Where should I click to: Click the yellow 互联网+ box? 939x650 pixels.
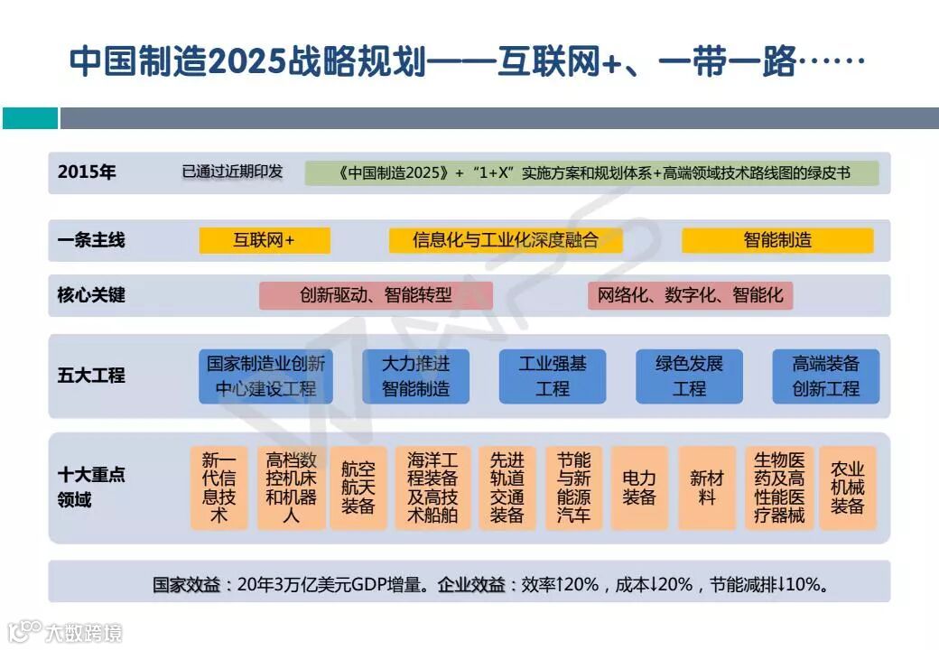pyautogui.click(x=265, y=240)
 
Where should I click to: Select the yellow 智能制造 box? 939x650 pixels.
pyautogui.click(x=777, y=240)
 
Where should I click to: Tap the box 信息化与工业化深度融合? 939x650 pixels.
pyautogui.click(x=505, y=240)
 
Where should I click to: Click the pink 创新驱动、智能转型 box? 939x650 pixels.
pyautogui.click(x=376, y=295)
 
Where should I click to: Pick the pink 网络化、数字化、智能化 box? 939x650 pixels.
pyautogui.click(x=690, y=295)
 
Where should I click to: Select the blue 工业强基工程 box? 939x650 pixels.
pyautogui.click(x=553, y=376)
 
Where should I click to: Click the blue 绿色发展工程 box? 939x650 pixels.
pyautogui.click(x=689, y=376)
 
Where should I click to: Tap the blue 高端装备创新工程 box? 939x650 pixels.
pyautogui.click(x=825, y=376)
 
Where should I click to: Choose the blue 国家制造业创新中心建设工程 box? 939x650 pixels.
pyautogui.click(x=265, y=376)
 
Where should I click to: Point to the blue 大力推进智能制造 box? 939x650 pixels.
pyautogui.click(x=415, y=376)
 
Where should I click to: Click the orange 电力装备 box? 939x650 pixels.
pyautogui.click(x=639, y=487)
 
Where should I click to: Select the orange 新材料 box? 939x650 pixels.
pyautogui.click(x=707, y=487)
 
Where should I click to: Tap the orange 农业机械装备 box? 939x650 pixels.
pyautogui.click(x=848, y=487)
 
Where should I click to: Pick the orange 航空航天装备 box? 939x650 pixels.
pyautogui.click(x=358, y=487)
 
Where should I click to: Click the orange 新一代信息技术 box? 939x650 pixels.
pyautogui.click(x=218, y=487)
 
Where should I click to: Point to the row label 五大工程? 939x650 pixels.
pyautogui.click(x=91, y=376)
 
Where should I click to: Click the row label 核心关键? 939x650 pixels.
pyautogui.click(x=91, y=295)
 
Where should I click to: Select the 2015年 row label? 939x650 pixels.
pyautogui.click(x=87, y=172)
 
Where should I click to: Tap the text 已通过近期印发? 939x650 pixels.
pyautogui.click(x=232, y=172)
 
